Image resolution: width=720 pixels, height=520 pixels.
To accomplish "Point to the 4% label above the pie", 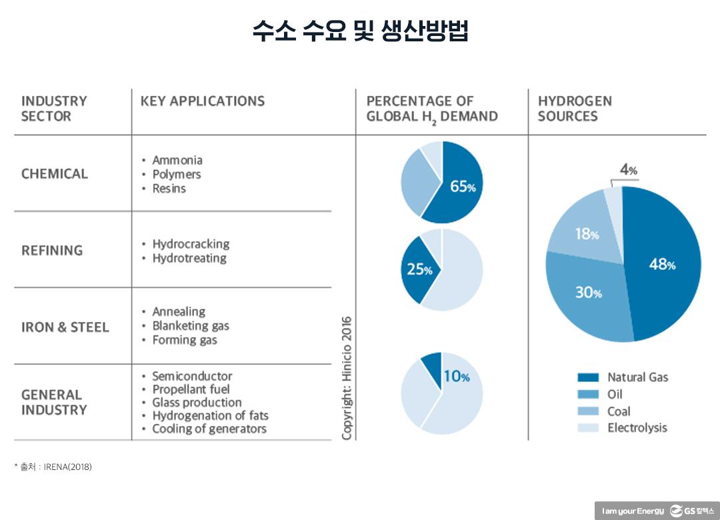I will tap(629, 170).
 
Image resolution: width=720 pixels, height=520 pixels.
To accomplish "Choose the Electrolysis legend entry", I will tap(637, 428).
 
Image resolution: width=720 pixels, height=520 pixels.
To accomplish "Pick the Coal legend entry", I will tap(619, 411).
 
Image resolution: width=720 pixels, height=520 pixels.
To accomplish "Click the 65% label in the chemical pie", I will tap(463, 187).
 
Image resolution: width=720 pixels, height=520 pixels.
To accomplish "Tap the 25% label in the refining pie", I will tap(419, 270).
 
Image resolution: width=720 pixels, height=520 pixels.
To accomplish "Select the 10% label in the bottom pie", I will tap(456, 377).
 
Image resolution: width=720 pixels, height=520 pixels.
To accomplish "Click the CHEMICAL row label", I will tap(55, 174).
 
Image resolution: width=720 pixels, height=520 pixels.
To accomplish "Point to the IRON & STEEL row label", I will tap(65, 327).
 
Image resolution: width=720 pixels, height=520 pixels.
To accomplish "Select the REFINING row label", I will tap(52, 251).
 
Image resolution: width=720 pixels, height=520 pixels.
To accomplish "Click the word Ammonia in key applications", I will tap(177, 160).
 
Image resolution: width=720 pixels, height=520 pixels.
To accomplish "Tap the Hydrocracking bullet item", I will tap(191, 244).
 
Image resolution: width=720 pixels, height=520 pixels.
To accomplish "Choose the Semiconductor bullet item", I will tap(192, 376).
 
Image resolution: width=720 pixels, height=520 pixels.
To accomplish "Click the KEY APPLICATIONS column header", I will tap(203, 101).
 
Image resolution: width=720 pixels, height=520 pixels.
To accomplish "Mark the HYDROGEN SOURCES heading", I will tap(575, 109).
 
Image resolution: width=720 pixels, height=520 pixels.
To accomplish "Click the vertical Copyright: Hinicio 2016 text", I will tap(347, 377).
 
